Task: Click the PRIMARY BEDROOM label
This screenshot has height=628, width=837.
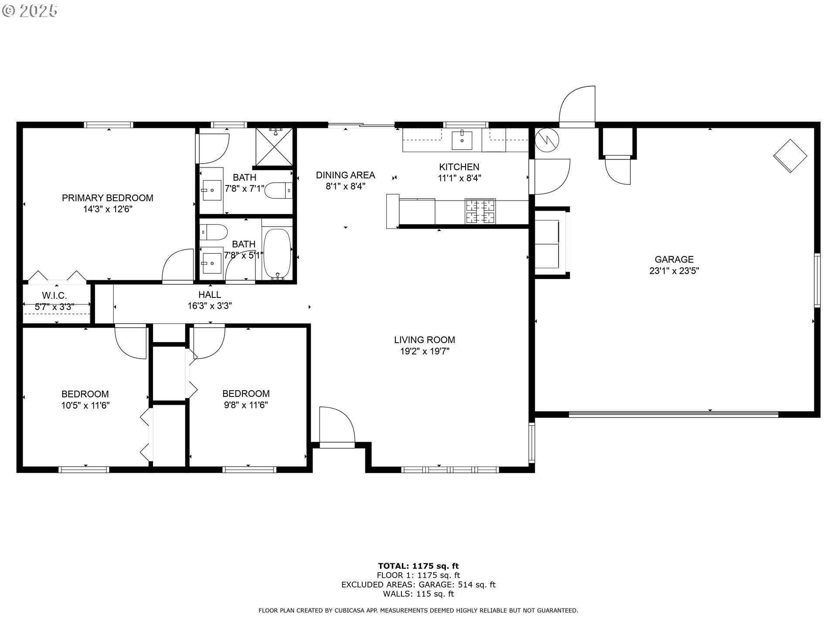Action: (x=107, y=198)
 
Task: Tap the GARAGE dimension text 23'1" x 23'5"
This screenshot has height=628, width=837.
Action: (x=674, y=271)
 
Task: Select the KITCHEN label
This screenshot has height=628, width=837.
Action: (x=459, y=167)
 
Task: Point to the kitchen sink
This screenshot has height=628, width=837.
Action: (x=462, y=140)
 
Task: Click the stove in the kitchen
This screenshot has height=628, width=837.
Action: (x=480, y=212)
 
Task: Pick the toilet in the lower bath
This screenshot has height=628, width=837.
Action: (x=214, y=232)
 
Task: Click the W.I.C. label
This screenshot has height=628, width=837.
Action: (x=54, y=296)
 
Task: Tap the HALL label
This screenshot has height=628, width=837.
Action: (x=210, y=295)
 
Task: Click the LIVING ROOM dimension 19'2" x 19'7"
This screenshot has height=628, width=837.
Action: (x=425, y=351)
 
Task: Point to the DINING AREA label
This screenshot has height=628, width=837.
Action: (x=345, y=175)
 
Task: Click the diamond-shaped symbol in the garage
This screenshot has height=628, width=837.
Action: (x=790, y=156)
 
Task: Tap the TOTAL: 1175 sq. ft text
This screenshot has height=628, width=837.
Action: (x=418, y=566)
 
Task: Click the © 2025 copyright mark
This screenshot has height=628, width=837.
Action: (x=30, y=11)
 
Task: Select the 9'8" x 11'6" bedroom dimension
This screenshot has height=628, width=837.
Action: (x=246, y=405)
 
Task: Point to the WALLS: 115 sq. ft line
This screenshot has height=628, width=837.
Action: (x=418, y=594)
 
